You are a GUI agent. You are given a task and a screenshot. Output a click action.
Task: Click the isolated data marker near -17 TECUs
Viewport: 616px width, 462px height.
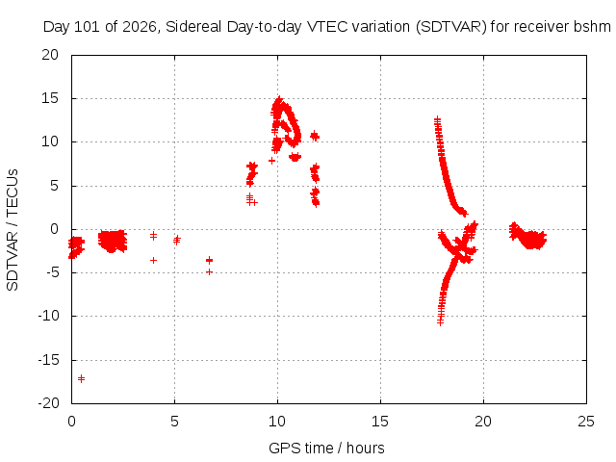coord(81,378)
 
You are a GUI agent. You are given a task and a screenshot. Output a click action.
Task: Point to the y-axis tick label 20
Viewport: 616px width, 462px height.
coord(50,55)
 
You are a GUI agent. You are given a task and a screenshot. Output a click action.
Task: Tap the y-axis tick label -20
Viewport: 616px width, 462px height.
coord(48,403)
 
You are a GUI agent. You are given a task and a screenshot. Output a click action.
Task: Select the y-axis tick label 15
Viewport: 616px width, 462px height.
coord(50,98)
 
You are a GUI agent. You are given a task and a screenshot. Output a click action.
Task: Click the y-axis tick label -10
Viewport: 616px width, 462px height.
coord(48,316)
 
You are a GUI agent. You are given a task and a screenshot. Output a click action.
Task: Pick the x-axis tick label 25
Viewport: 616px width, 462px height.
coord(586,422)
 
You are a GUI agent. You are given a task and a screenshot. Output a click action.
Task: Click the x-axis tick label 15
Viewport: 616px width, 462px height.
coord(380,422)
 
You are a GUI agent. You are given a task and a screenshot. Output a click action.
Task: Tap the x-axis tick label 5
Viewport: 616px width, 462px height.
coord(174,422)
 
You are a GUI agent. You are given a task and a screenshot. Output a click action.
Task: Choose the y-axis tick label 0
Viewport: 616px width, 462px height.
coord(54,229)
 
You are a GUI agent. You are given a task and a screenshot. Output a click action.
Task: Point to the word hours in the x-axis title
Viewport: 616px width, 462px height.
coord(366,448)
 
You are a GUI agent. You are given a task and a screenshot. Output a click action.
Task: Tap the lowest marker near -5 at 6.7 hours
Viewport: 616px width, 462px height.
coord(210,271)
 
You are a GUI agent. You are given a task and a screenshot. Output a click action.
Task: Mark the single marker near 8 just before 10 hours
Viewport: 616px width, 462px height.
coord(271,161)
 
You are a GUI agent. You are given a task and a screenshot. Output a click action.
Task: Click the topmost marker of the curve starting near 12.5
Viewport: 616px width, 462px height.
coord(437,119)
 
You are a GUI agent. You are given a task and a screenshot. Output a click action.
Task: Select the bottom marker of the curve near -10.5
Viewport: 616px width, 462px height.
coord(441,322)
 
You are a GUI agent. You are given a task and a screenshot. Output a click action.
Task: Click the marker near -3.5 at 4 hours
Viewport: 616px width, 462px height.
coord(154,260)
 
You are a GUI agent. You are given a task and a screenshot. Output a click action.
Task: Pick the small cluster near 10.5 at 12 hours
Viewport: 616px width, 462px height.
coord(315,137)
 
